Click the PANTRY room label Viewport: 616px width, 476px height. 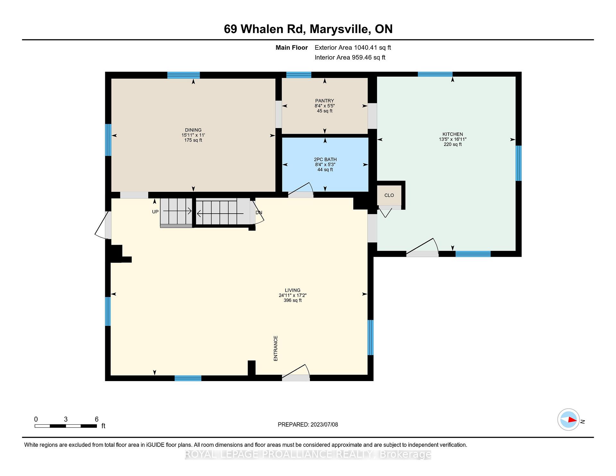(324, 101)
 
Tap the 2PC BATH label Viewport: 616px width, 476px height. (325, 159)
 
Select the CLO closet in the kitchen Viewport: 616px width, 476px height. (389, 195)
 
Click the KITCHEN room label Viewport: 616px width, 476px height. (452, 134)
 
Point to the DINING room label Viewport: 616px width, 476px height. (193, 130)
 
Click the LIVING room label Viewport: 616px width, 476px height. (293, 290)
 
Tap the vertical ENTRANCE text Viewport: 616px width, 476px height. (276, 349)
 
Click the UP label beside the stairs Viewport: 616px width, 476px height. (155, 212)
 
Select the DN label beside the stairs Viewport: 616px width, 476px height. (259, 213)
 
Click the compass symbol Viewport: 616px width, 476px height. (569, 420)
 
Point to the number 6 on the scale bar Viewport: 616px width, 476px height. (97, 419)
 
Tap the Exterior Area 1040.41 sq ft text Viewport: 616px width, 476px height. (353, 48)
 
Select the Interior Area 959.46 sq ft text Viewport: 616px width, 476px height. (350, 57)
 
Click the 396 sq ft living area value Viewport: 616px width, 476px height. (293, 301)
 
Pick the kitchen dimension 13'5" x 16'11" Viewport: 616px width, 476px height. (452, 140)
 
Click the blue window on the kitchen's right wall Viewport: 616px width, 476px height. (518, 163)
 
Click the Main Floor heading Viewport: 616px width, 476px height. (292, 48)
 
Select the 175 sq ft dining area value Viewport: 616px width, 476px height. (193, 140)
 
